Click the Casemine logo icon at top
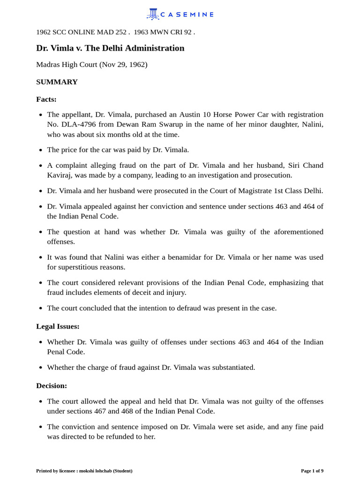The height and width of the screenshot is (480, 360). (x=153, y=14)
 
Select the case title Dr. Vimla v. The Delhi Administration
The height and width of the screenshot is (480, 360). (x=110, y=48)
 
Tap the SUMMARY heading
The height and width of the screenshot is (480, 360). (x=57, y=82)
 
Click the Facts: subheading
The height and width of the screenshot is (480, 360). (x=46, y=99)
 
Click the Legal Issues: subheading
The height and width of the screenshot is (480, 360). (x=58, y=326)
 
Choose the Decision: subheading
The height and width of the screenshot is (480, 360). (x=52, y=386)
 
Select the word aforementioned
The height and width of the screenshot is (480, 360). (x=295, y=232)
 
